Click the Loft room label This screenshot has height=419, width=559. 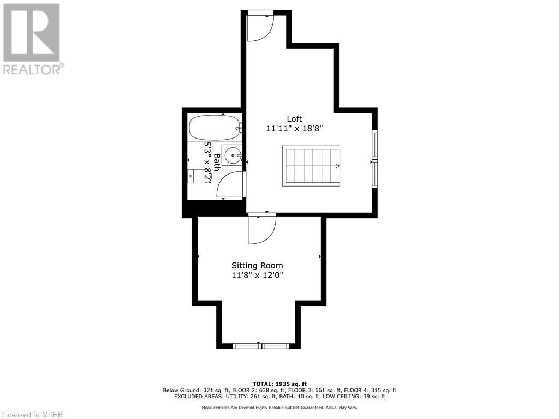click(x=295, y=119)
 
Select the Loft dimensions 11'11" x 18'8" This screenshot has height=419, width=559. click(x=295, y=129)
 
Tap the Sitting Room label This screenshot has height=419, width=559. click(x=257, y=266)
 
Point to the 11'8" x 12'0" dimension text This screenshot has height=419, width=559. click(x=257, y=276)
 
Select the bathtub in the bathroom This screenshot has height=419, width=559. click(x=214, y=128)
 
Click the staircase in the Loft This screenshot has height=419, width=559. click(x=311, y=166)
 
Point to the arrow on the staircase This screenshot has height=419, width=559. click(x=338, y=166)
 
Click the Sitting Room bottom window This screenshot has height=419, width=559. click(x=260, y=346)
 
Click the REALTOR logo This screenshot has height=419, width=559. click(x=32, y=38)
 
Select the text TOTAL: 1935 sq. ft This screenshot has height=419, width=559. click(x=279, y=384)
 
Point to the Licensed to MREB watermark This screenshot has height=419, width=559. click(x=32, y=414)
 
